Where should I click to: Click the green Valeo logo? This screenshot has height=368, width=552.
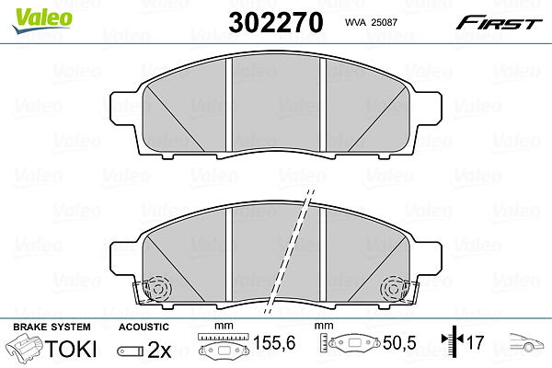click(41, 21)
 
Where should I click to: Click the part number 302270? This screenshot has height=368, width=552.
click(276, 22)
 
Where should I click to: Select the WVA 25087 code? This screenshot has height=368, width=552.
click(371, 22)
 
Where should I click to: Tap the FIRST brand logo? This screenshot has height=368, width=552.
click(499, 23)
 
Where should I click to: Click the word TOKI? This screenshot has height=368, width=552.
click(71, 349)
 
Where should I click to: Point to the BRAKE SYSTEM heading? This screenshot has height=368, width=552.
click(52, 327)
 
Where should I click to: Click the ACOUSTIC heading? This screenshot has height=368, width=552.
click(144, 327)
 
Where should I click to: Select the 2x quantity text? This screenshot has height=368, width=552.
click(159, 350)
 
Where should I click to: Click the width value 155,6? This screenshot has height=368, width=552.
click(274, 342)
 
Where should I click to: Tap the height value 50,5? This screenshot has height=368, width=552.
click(399, 342)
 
